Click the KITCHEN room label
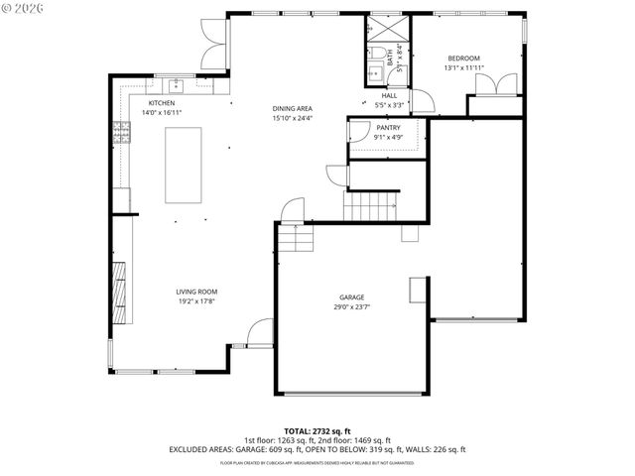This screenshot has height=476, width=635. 162,103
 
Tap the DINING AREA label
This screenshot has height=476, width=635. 293,108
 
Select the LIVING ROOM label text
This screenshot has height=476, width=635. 196,292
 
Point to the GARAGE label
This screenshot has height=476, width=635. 352,297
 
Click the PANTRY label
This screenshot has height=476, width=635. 388,128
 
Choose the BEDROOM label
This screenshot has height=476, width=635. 463,59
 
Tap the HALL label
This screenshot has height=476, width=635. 389,95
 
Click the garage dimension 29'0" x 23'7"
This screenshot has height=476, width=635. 352,307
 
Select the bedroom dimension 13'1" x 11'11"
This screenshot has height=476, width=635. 463,68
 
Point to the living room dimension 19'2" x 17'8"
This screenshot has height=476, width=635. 196,301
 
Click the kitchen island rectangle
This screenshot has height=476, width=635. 183,165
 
